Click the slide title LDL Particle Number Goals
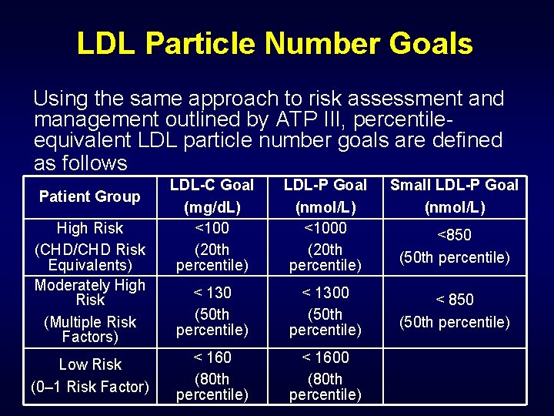(x=275, y=44)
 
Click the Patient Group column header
(x=90, y=196)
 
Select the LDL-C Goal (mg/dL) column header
(x=212, y=196)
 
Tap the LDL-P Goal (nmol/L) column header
(x=325, y=196)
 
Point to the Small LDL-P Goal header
(x=454, y=185)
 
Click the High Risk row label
(x=90, y=228)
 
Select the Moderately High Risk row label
(x=90, y=292)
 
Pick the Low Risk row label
(x=90, y=364)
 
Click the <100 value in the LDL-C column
(x=212, y=228)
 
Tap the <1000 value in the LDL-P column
(x=325, y=228)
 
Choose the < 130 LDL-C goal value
(x=212, y=293)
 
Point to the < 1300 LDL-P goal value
(x=325, y=293)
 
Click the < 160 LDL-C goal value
(x=212, y=357)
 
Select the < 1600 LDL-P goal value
(x=325, y=357)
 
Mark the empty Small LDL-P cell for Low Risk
(x=454, y=376)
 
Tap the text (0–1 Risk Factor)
(x=90, y=387)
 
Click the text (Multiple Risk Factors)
(x=90, y=329)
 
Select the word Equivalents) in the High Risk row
(x=90, y=265)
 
